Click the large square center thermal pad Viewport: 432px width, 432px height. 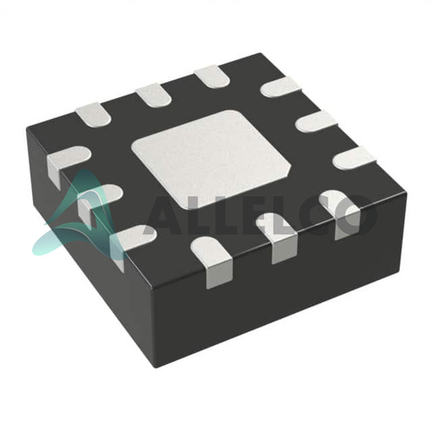pyautogui.click(x=211, y=159)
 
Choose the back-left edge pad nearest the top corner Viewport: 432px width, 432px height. pyautogui.click(x=212, y=76)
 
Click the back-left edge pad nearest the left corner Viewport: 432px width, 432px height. pyautogui.click(x=94, y=115)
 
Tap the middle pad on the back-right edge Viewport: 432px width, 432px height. pyautogui.click(x=317, y=122)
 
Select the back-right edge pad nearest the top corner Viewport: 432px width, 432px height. pyautogui.click(x=281, y=87)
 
